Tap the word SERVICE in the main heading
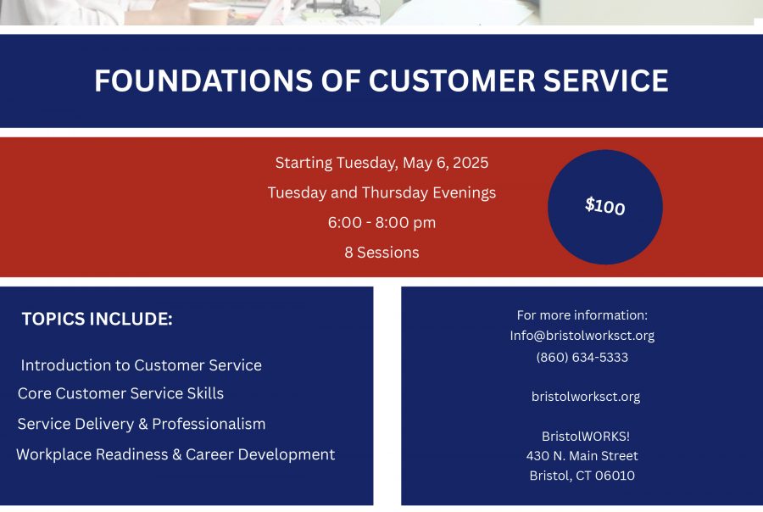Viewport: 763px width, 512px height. click(606, 81)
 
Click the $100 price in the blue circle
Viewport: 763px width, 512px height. click(604, 206)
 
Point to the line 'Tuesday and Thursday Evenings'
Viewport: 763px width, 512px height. click(381, 192)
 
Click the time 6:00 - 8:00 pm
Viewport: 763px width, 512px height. click(381, 222)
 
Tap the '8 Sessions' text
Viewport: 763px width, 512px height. click(381, 253)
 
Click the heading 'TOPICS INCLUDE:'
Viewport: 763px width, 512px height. click(97, 320)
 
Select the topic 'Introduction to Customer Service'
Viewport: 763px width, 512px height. click(141, 365)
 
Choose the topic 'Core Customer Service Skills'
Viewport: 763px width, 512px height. click(120, 393)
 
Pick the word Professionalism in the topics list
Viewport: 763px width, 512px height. click(209, 424)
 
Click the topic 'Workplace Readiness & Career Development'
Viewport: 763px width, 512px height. click(175, 454)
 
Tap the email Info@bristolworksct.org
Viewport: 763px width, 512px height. click(582, 336)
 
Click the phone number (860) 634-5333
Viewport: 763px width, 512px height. click(582, 357)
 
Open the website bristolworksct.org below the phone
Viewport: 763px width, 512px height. click(586, 397)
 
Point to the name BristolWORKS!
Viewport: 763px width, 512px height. click(586, 436)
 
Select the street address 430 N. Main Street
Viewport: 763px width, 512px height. click(582, 456)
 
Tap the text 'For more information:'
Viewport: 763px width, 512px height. click(582, 315)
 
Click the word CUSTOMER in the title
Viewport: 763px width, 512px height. click(452, 81)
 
